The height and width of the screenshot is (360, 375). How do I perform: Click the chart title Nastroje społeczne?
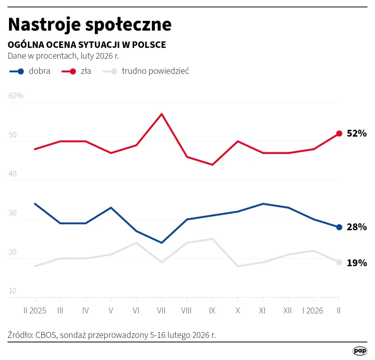(89, 24)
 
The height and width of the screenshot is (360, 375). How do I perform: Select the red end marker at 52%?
(339, 134)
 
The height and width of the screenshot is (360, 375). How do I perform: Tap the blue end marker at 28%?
(339, 227)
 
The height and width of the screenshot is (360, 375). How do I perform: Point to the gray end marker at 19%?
(339, 262)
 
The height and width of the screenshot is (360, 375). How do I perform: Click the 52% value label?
(357, 134)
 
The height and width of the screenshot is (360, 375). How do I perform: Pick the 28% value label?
(357, 227)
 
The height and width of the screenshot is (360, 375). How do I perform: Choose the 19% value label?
(357, 263)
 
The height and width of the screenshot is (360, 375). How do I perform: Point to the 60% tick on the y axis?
(16, 96)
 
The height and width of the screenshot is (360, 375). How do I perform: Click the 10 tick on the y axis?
(12, 291)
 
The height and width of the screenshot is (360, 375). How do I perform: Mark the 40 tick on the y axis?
(12, 174)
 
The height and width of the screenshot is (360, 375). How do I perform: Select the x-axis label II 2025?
(36, 311)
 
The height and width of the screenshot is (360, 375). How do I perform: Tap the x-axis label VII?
(161, 311)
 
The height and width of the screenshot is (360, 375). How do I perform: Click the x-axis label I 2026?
(313, 311)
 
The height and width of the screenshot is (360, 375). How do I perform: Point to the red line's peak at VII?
(162, 114)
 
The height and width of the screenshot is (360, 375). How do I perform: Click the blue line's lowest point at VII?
(162, 243)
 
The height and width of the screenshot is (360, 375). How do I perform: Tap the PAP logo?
(360, 351)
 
